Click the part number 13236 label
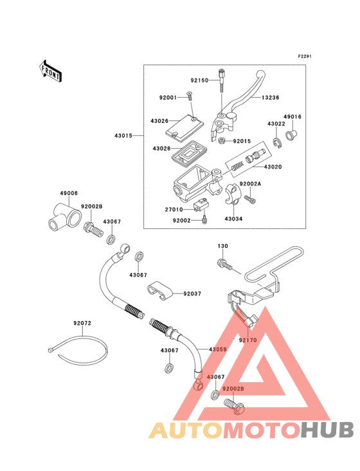coord(270,98)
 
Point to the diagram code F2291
coord(304,57)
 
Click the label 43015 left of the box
coord(124,136)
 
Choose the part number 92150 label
coord(199,80)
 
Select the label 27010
coord(174,209)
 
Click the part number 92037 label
coord(192,293)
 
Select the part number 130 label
coord(222,246)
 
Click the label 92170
coord(248,338)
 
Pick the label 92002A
coord(251,183)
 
